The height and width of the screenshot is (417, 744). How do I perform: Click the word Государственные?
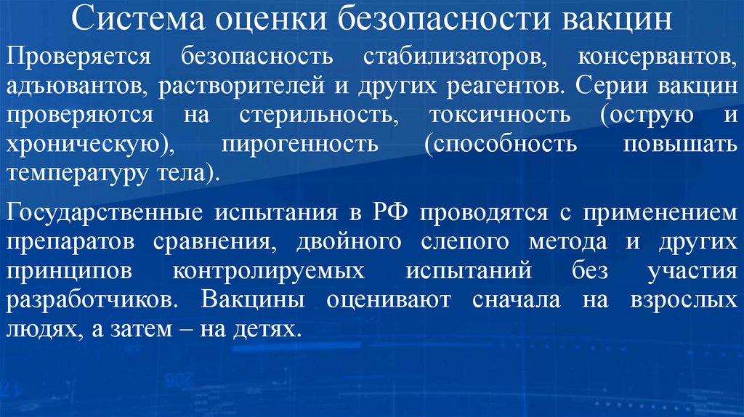[x=104, y=213]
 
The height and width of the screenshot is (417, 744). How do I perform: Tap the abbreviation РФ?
[x=395, y=213]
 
